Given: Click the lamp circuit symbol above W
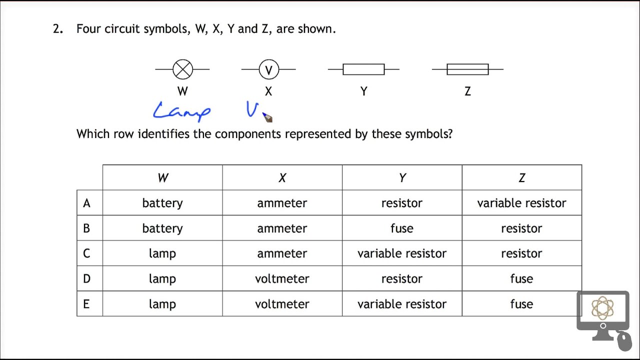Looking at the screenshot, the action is [x=182, y=69].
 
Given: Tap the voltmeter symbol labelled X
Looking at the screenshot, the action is [x=268, y=69].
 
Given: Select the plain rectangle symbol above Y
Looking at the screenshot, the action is [x=363, y=69].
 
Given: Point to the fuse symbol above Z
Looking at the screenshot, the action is [x=467, y=69].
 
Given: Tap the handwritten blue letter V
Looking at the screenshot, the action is [x=251, y=110].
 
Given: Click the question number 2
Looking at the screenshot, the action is [x=57, y=29].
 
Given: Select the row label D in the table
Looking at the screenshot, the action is [x=86, y=278].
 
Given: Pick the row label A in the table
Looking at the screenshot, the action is [x=86, y=203].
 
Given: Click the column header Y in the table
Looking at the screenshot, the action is [x=402, y=178].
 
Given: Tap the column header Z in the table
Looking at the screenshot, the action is [x=521, y=178].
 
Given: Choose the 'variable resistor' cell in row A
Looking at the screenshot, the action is [x=521, y=203].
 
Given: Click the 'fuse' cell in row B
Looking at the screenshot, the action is [x=402, y=228].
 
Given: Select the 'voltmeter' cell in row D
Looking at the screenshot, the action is [x=282, y=278].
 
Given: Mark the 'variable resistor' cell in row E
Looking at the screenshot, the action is [x=402, y=304].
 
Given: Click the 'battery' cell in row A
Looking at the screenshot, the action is [x=162, y=203].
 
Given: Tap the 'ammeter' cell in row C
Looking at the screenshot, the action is [x=282, y=253].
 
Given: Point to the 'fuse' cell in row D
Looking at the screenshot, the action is [x=521, y=278].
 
